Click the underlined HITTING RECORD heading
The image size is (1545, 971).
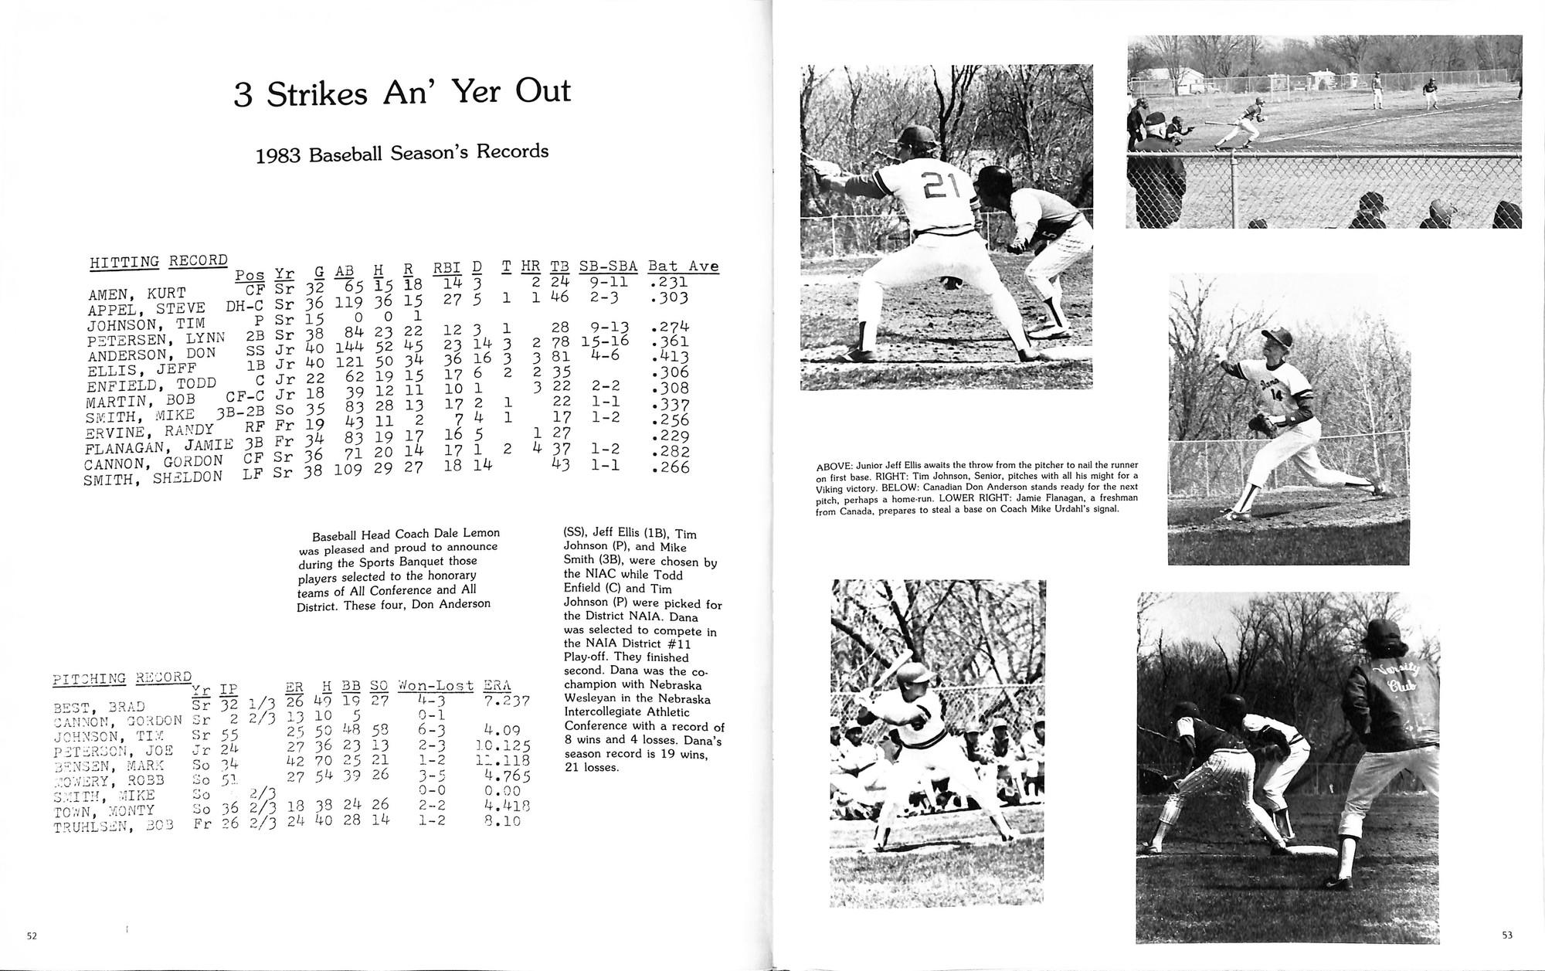[x=158, y=261]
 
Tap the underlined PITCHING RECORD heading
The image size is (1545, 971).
[x=121, y=678]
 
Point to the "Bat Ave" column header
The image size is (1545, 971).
[x=683, y=267]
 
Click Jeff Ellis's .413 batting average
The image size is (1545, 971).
[x=669, y=357]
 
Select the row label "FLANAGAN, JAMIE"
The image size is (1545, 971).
[x=159, y=447]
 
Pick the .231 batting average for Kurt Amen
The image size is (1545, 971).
[x=669, y=283]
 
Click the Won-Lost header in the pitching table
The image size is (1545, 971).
[x=435, y=686]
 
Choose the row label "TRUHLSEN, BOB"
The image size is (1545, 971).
[x=114, y=826]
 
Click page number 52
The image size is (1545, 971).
[x=32, y=936]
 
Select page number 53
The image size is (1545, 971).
[x=1507, y=935]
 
